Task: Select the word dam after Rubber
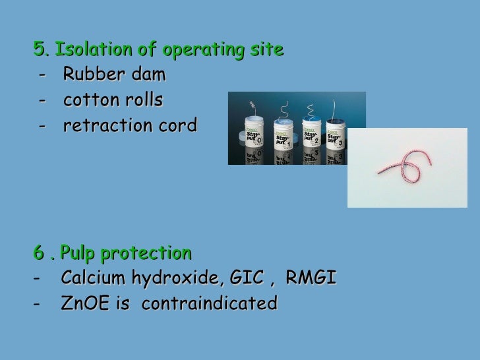pos(148,75)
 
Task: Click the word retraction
pos(109,125)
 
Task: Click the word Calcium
pos(92,279)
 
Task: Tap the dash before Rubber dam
pos(43,75)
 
